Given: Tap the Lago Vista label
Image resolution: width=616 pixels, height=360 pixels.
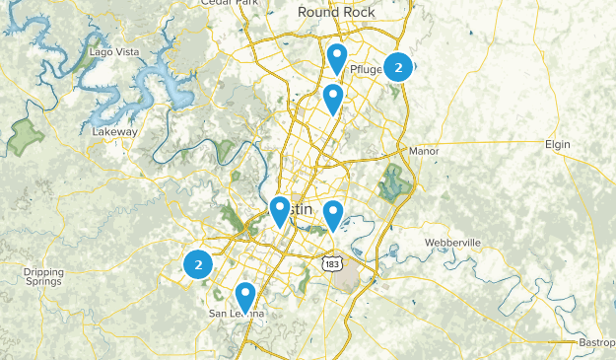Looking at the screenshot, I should [110, 51].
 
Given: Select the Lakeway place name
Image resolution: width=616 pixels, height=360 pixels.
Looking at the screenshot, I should [115, 131].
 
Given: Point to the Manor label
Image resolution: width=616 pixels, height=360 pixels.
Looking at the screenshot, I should [423, 151].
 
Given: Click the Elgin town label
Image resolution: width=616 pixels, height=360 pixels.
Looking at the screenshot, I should [558, 144].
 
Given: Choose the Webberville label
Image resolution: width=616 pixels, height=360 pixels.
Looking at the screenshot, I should [452, 242].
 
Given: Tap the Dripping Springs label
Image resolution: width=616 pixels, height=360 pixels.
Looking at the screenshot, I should [43, 276].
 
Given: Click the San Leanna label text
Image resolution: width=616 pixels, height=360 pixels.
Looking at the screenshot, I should [237, 314].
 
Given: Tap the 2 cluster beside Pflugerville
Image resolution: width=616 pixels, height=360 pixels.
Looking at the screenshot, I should [398, 67].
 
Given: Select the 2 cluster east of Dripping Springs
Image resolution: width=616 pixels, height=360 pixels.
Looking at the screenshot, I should [199, 264].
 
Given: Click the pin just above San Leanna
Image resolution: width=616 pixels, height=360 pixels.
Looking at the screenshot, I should [244, 296].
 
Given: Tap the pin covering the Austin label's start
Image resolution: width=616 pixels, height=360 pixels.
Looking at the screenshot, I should [280, 210].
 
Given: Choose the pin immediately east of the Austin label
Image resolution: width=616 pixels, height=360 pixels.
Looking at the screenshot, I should [333, 214].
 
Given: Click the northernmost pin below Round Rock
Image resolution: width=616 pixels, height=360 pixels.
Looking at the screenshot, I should [337, 57].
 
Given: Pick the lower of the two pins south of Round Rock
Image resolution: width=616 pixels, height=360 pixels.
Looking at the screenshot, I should [333, 98].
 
